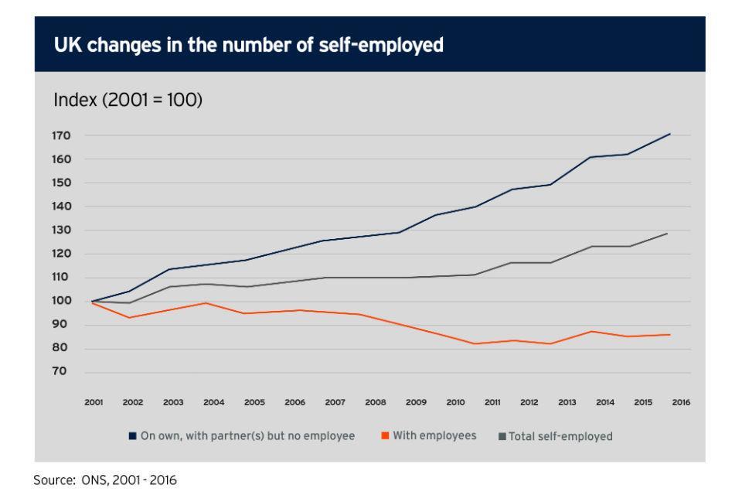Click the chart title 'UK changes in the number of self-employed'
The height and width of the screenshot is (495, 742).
[248, 45]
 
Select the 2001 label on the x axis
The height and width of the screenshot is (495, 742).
[94, 403]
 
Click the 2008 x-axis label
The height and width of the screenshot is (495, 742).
[376, 403]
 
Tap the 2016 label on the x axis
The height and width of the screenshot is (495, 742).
[681, 403]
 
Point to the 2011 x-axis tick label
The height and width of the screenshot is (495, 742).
[492, 403]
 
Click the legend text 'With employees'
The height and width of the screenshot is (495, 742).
[434, 436]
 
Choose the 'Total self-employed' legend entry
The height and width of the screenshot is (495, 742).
[560, 436]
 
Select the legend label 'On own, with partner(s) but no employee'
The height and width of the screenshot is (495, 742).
[247, 436]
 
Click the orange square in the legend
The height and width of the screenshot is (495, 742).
[384, 436]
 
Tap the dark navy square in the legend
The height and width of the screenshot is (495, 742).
[133, 436]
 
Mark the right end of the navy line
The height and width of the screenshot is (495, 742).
[669, 134]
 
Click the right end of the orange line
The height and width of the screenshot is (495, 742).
[669, 334]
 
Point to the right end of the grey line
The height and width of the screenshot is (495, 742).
[667, 233]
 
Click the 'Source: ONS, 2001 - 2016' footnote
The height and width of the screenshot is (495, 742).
[105, 480]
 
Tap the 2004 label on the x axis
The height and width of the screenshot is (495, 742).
[214, 403]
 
